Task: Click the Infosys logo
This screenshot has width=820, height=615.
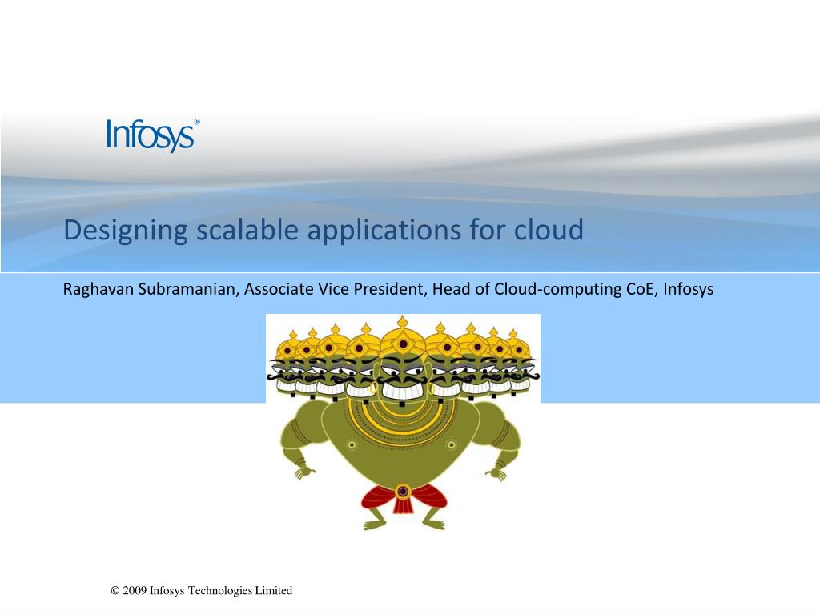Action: pos(151,135)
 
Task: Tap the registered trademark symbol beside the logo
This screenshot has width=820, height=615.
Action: pos(197,123)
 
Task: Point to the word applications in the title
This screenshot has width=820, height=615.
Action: pos(380,231)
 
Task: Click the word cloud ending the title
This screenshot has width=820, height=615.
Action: pos(549,231)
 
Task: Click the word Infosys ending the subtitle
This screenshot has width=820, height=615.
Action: pos(688,289)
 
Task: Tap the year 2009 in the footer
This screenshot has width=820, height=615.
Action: pos(135,591)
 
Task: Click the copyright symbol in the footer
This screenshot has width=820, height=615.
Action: pos(115,591)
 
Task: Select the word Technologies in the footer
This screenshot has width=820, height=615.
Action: pos(219,591)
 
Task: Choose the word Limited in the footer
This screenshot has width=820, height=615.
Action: pos(274,591)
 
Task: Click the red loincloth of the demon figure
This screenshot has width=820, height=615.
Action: pos(403,500)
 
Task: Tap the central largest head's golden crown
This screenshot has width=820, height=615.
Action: pos(403,336)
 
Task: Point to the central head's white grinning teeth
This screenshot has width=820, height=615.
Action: pos(403,392)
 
